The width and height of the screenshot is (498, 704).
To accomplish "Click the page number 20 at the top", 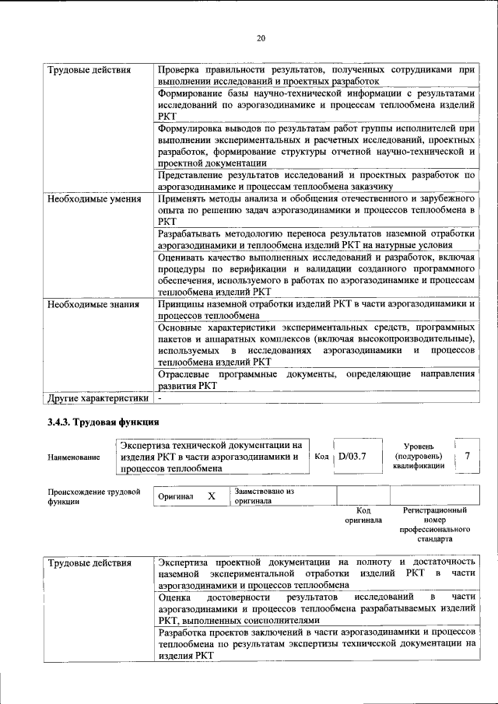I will [261, 38].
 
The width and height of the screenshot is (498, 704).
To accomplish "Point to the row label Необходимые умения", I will [94, 199].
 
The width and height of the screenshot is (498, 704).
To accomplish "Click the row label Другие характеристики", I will [97, 399].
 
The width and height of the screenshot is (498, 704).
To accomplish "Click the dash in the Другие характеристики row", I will [160, 399].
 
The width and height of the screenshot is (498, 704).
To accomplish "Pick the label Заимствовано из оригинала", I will [265, 496].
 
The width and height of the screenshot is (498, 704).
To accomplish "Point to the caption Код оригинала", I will [363, 515].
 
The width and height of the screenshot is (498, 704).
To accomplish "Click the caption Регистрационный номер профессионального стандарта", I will [434, 525].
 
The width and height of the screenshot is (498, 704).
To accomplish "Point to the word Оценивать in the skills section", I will [182, 256].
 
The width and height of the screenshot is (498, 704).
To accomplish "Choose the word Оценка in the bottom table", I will [174, 597].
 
